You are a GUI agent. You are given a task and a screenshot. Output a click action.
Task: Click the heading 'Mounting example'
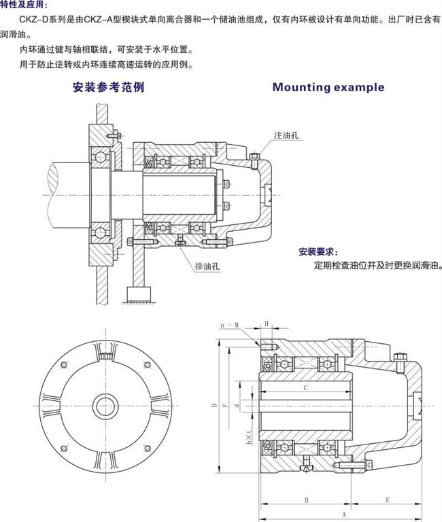click(328, 87)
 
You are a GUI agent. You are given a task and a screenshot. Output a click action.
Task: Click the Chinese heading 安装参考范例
click(109, 87)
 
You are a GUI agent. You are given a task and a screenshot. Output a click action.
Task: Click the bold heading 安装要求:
click(317, 251)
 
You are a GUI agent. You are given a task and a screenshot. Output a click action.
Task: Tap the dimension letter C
click(307, 387)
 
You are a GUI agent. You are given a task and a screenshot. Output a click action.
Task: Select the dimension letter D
click(214, 406)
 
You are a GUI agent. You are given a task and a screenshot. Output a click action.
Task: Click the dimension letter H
click(267, 324)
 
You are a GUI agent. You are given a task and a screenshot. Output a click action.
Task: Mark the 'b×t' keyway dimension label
click(250, 436)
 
